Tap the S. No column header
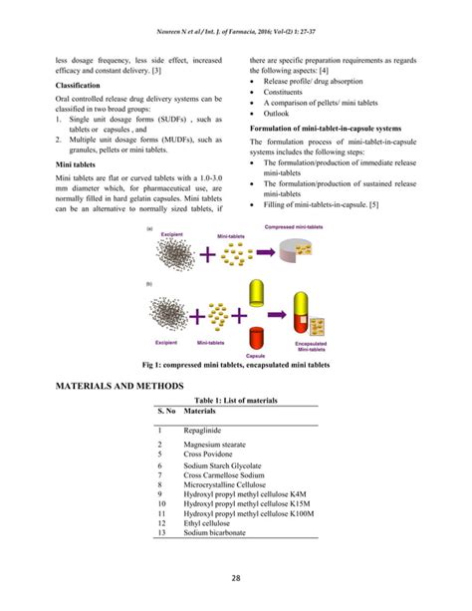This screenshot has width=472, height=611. (166, 410)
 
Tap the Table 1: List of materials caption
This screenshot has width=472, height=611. (235, 400)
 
